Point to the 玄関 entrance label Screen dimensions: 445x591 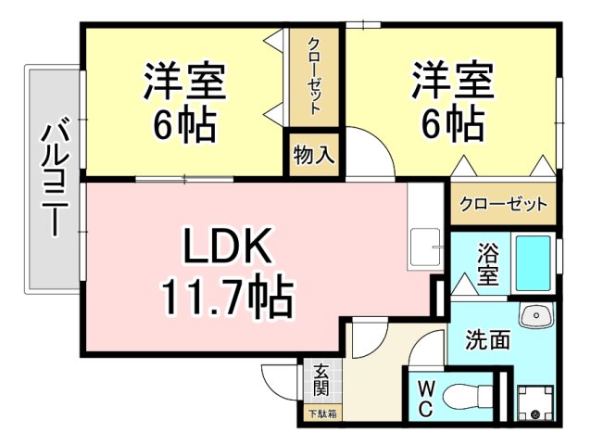click(x=321, y=380)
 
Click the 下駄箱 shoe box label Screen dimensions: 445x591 click(x=322, y=414)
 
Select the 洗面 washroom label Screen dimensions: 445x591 click(x=487, y=339)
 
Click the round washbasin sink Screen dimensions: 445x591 click(x=535, y=317)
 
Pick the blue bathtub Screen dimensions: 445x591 click(x=534, y=263)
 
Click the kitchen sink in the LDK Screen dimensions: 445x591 click(x=424, y=248)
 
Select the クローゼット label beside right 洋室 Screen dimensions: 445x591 click(x=503, y=204)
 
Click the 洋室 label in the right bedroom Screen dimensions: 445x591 click(x=453, y=79)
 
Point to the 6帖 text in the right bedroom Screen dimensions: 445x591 click(x=453, y=123)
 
